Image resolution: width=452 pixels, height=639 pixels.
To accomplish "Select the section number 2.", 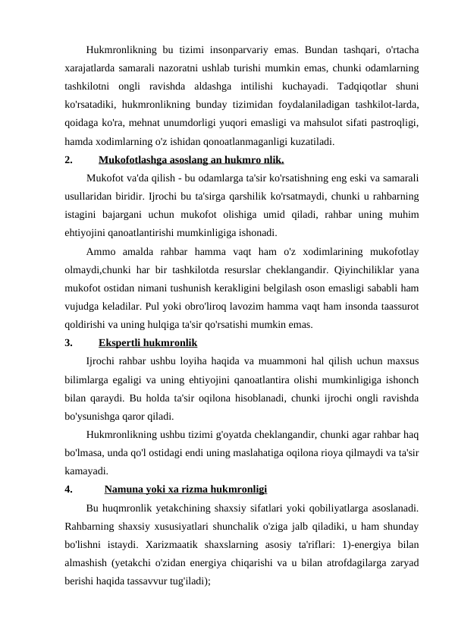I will coord(69,160).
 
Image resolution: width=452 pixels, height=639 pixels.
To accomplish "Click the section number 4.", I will coord(69,489).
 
